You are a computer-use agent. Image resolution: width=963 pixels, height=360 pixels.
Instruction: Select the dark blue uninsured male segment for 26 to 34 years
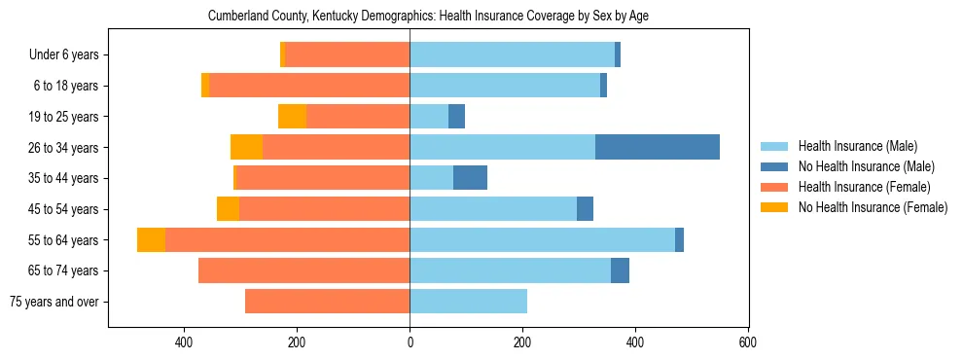658,147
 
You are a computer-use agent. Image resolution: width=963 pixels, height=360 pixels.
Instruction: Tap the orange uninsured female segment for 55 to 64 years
151,239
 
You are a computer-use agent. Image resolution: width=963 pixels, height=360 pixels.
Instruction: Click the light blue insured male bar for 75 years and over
468,302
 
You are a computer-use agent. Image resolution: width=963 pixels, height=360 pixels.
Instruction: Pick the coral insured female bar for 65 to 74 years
303,270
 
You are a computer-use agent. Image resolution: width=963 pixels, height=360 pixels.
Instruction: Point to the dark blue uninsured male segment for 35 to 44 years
470,178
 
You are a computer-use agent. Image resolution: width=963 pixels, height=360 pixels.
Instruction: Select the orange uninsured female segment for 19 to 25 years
292,117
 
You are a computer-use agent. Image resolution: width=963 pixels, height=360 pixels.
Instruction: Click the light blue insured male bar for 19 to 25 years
429,117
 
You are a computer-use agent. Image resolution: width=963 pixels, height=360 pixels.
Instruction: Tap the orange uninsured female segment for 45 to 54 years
228,209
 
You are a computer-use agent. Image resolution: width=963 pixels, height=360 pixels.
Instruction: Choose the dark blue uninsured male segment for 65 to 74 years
620,270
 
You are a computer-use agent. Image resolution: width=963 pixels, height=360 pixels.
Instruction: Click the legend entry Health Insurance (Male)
857,146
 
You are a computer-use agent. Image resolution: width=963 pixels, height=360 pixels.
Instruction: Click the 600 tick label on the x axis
747,342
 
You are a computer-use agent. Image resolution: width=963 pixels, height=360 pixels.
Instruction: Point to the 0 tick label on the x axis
410,342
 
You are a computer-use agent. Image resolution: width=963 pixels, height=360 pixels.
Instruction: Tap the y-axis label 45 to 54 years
65,209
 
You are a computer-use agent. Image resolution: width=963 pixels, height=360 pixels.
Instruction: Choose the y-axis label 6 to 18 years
65,86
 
